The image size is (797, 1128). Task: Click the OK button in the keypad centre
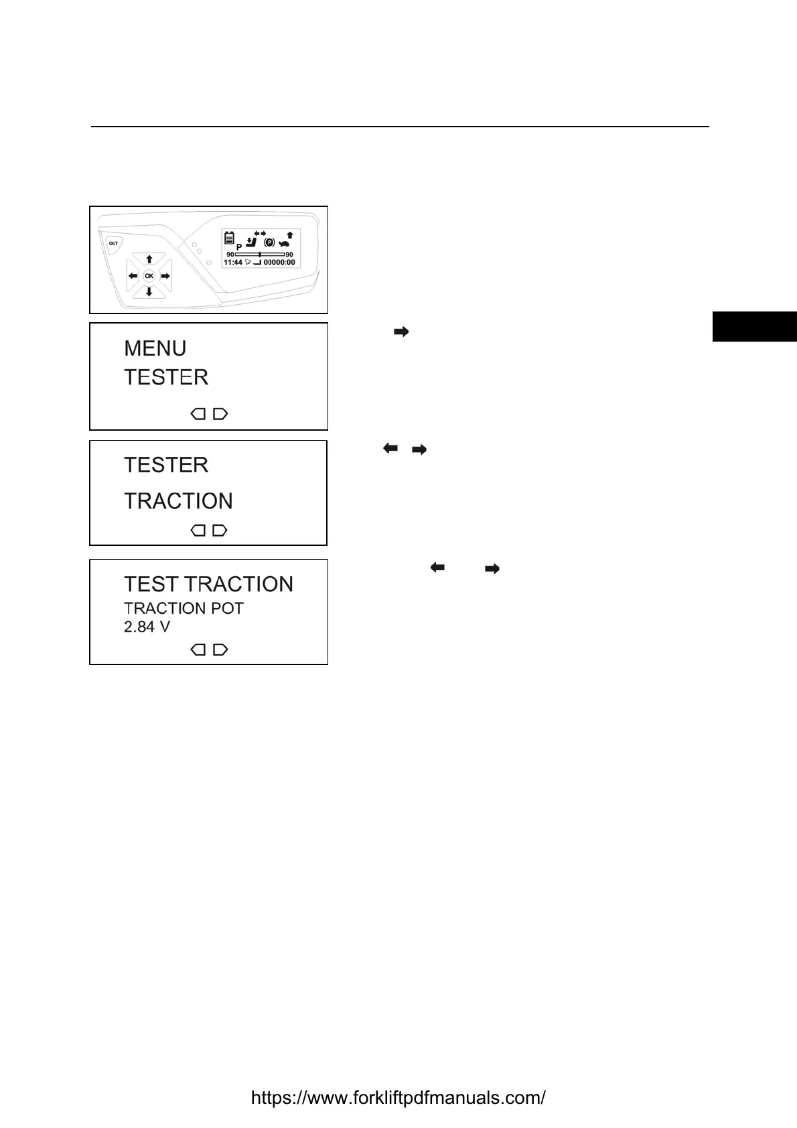tap(149, 276)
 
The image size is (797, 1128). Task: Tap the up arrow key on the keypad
tap(149, 259)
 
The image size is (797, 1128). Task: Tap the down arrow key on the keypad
tap(149, 292)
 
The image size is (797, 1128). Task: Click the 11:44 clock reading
tap(232, 263)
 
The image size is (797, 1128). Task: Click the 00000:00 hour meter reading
tap(279, 263)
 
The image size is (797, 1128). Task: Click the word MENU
tap(155, 348)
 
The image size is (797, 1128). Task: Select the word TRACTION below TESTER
tap(178, 501)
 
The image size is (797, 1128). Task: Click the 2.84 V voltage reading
tap(147, 627)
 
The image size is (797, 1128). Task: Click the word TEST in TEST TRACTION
tap(151, 584)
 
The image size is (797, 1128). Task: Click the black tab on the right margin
tap(754, 326)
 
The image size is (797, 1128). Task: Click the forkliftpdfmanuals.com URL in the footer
tap(398, 1098)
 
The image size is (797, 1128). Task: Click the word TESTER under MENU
tap(166, 378)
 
